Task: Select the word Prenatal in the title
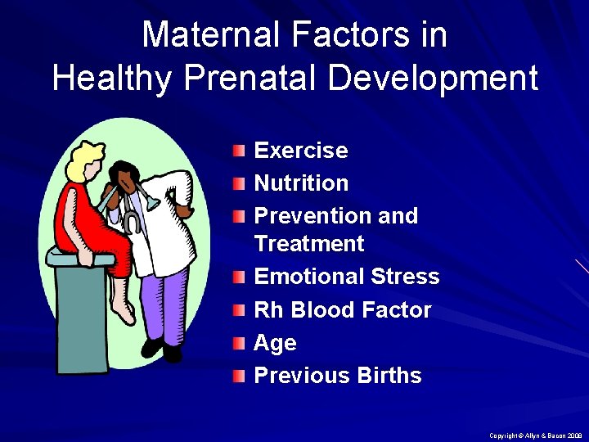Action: coord(265,78)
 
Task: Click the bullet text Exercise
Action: coord(301,151)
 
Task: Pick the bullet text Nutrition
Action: coord(301,183)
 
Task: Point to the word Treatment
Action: coord(308,244)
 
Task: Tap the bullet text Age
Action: coord(275,344)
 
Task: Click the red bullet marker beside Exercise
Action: coord(237,151)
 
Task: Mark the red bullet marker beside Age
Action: coord(237,343)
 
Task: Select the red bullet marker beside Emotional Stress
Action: coord(237,277)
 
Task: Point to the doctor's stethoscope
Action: coord(131,221)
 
